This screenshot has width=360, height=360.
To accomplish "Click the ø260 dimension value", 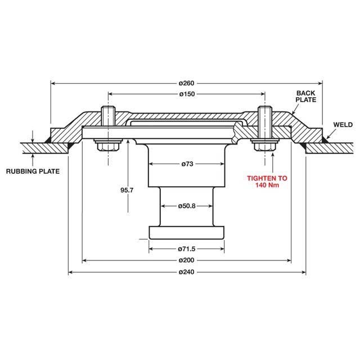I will (x=187, y=83).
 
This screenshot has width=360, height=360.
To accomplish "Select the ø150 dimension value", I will (x=187, y=94).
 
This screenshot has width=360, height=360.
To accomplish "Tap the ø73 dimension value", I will (x=187, y=164).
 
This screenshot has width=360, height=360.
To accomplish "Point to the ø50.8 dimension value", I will (x=187, y=206).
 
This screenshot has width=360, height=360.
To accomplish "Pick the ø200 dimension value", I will (x=187, y=260).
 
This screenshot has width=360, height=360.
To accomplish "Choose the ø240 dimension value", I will (x=187, y=273).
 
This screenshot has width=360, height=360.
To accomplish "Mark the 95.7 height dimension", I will (x=127, y=190).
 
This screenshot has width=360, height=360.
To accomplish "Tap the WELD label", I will (x=343, y=124).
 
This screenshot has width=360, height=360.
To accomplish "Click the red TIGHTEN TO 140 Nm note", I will (x=268, y=182).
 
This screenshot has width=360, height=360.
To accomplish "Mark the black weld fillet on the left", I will (x=69, y=146).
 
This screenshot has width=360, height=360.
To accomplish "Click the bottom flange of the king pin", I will (x=187, y=232).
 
